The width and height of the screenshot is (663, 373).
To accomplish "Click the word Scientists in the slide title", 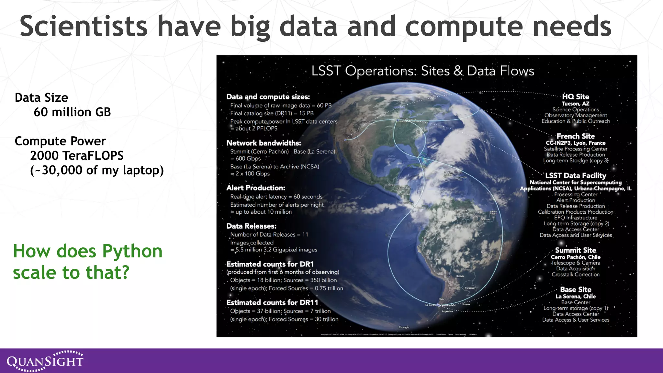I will [x=84, y=27].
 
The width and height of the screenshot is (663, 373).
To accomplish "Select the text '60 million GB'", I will [x=72, y=112].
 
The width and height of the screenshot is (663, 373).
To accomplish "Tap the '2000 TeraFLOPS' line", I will [x=77, y=156].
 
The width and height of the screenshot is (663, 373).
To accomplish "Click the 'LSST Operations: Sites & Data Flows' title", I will [x=422, y=71].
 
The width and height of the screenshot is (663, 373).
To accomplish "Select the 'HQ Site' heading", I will [x=575, y=96].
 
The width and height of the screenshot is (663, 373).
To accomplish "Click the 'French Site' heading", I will [x=575, y=136].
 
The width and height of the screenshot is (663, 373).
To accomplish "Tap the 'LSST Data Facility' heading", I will [x=575, y=175].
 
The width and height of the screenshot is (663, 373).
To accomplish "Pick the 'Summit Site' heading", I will [x=575, y=250].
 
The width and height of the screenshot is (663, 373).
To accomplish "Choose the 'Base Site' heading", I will [x=575, y=289].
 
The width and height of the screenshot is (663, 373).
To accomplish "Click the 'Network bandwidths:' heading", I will [x=264, y=143].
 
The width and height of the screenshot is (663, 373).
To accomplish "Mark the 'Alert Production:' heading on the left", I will [x=255, y=188].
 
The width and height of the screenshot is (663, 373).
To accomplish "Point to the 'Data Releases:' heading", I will [x=251, y=226].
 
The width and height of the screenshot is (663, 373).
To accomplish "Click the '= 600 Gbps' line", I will [x=245, y=159].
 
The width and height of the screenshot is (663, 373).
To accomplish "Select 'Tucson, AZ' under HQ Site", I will [x=575, y=104].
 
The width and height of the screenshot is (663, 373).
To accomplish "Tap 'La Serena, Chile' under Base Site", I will [x=575, y=296].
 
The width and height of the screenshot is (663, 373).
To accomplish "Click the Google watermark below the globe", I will [x=404, y=327].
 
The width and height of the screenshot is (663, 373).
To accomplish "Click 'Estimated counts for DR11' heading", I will [x=272, y=302].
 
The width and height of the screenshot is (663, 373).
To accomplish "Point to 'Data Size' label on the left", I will [x=41, y=98].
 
